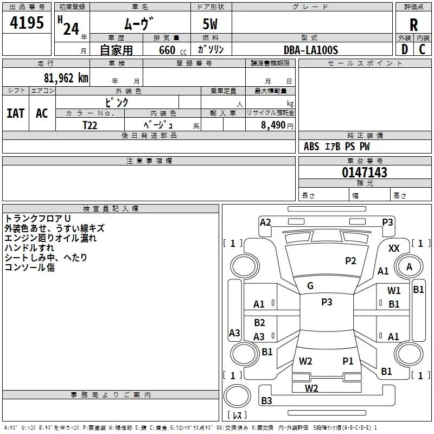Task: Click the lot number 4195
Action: click(x=27, y=23)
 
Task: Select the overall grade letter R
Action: click(x=413, y=24)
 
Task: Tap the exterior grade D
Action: click(x=404, y=49)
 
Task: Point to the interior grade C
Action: click(x=422, y=49)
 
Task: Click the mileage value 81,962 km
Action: click(x=66, y=78)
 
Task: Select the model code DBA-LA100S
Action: click(x=311, y=50)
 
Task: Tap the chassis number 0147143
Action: click(x=364, y=173)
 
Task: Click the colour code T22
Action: click(x=91, y=125)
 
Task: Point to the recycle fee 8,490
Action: click(x=273, y=125)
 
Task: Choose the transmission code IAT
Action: click(x=16, y=113)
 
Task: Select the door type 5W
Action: click(x=210, y=25)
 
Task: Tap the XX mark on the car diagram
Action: click(x=394, y=248)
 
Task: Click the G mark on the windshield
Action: click(x=310, y=285)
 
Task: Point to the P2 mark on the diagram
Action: click(x=351, y=261)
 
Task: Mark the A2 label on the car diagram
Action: click(x=265, y=222)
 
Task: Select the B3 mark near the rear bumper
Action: click(x=267, y=401)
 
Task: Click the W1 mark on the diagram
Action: click(x=394, y=291)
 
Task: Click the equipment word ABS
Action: click(x=311, y=146)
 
